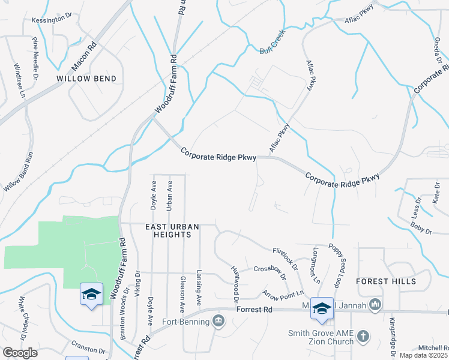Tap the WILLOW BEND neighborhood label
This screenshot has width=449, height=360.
[86, 79]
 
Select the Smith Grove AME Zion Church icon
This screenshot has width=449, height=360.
[363, 337]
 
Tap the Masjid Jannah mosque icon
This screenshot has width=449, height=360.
[376, 305]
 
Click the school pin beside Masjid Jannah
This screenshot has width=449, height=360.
[322, 308]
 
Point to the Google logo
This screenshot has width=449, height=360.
[20, 353]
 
